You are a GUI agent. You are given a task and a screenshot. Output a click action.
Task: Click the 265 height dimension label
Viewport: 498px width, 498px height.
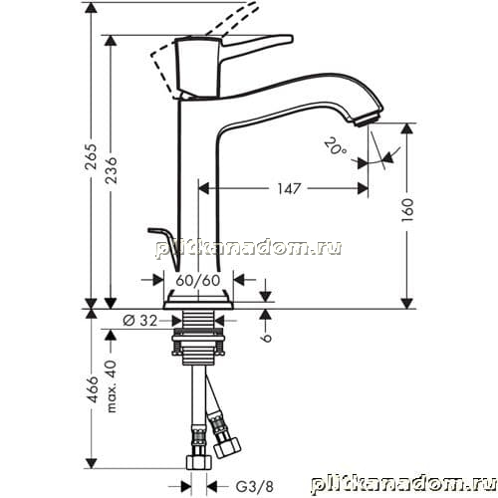click(91, 156)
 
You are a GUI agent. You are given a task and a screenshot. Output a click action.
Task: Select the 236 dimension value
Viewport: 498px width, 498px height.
click(111, 170)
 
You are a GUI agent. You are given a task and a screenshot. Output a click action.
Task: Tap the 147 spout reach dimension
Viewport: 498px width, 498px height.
click(289, 189)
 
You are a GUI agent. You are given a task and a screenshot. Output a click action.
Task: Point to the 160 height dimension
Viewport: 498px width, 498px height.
click(407, 210)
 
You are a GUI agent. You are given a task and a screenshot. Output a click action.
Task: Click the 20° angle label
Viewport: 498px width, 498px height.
click(336, 146)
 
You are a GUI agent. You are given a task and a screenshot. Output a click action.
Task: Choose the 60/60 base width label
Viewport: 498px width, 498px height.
click(198, 281)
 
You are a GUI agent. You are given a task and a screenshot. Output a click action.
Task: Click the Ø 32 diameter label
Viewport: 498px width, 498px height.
click(139, 321)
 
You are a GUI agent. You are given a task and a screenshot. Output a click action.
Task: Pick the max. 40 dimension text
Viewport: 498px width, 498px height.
click(112, 386)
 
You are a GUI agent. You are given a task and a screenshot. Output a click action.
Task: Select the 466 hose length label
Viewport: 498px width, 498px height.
click(92, 389)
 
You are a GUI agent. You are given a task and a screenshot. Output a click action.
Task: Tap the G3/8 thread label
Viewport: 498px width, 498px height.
click(255, 487)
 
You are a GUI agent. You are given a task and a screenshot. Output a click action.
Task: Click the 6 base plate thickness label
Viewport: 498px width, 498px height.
click(266, 338)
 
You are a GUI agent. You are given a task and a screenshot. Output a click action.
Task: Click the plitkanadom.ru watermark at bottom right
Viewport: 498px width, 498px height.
click(404, 485)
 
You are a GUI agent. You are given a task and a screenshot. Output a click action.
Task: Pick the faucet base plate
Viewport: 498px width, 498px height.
click(198, 305)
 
